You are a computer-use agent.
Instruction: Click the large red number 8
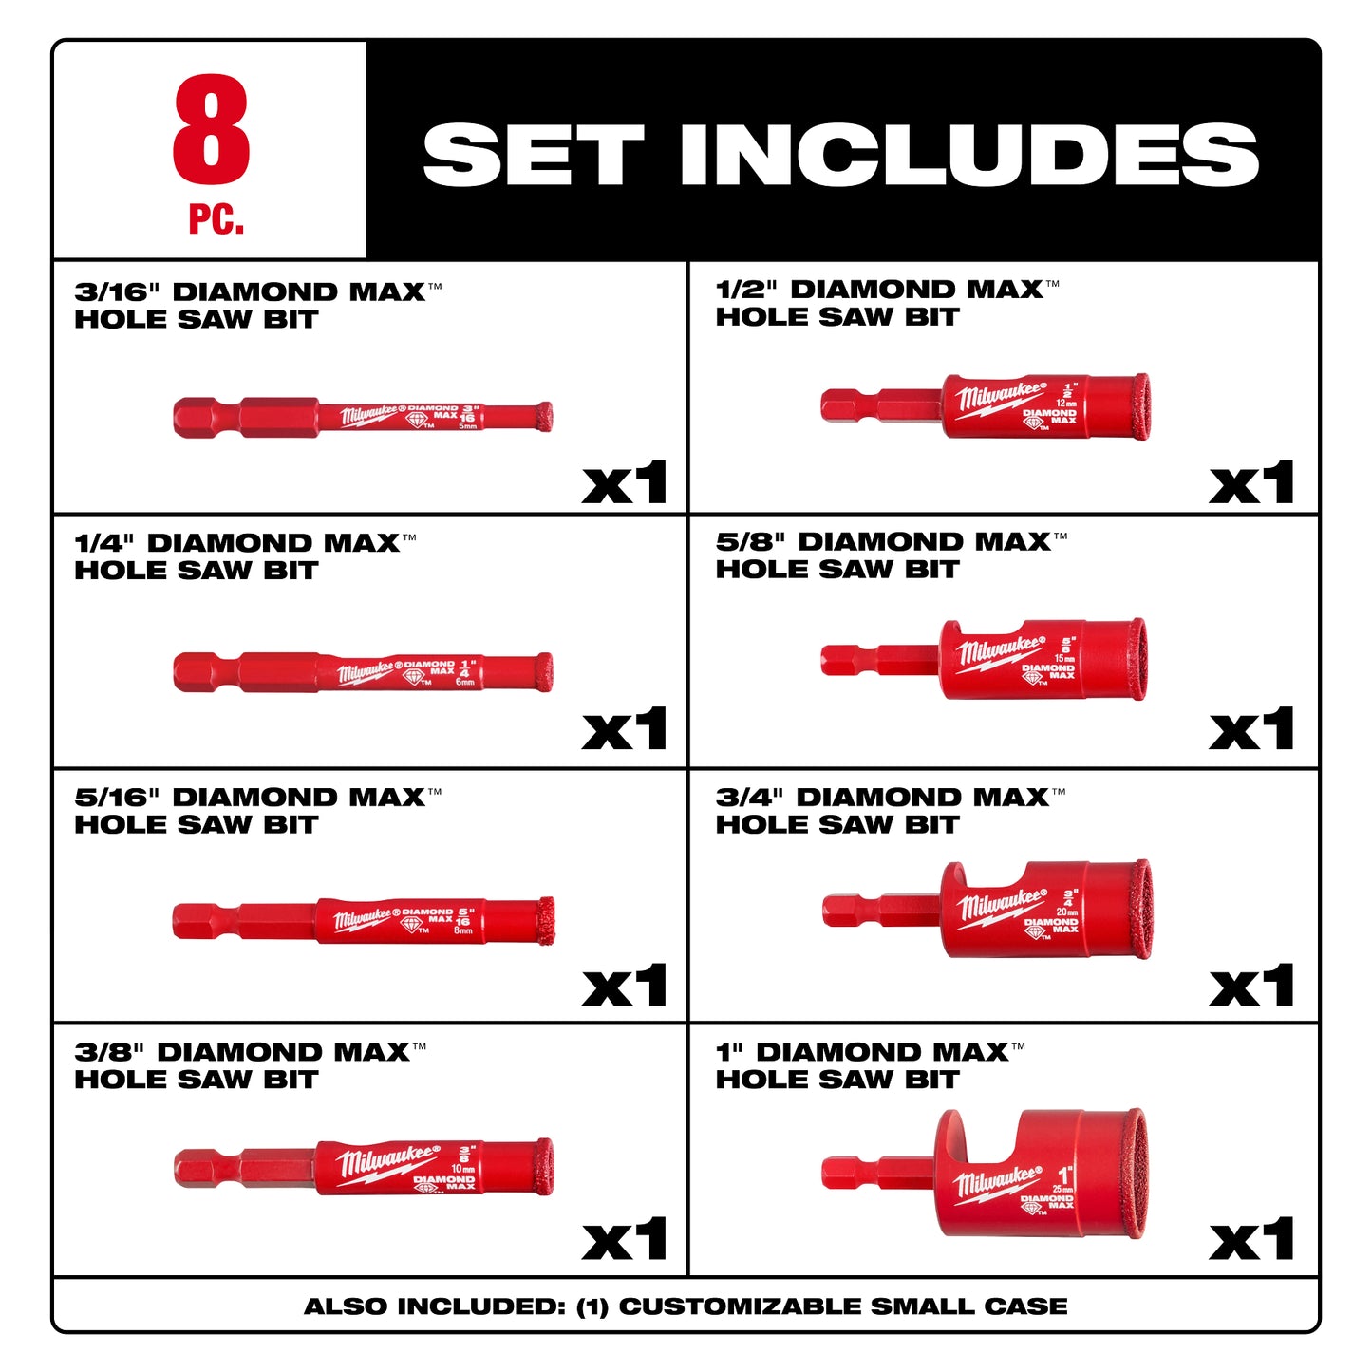click(211, 130)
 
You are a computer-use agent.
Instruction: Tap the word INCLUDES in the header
click(968, 155)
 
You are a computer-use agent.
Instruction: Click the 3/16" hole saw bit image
click(363, 417)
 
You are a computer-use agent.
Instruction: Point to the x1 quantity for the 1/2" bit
click(1251, 484)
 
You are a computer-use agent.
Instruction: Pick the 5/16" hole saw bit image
click(363, 920)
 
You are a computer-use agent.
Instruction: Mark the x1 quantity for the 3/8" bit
click(624, 1240)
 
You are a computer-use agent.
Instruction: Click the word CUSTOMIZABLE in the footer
click(741, 1306)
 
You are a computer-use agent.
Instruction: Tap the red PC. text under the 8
click(216, 219)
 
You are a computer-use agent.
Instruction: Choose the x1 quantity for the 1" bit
click(1251, 1240)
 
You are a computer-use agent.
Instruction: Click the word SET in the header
click(534, 155)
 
